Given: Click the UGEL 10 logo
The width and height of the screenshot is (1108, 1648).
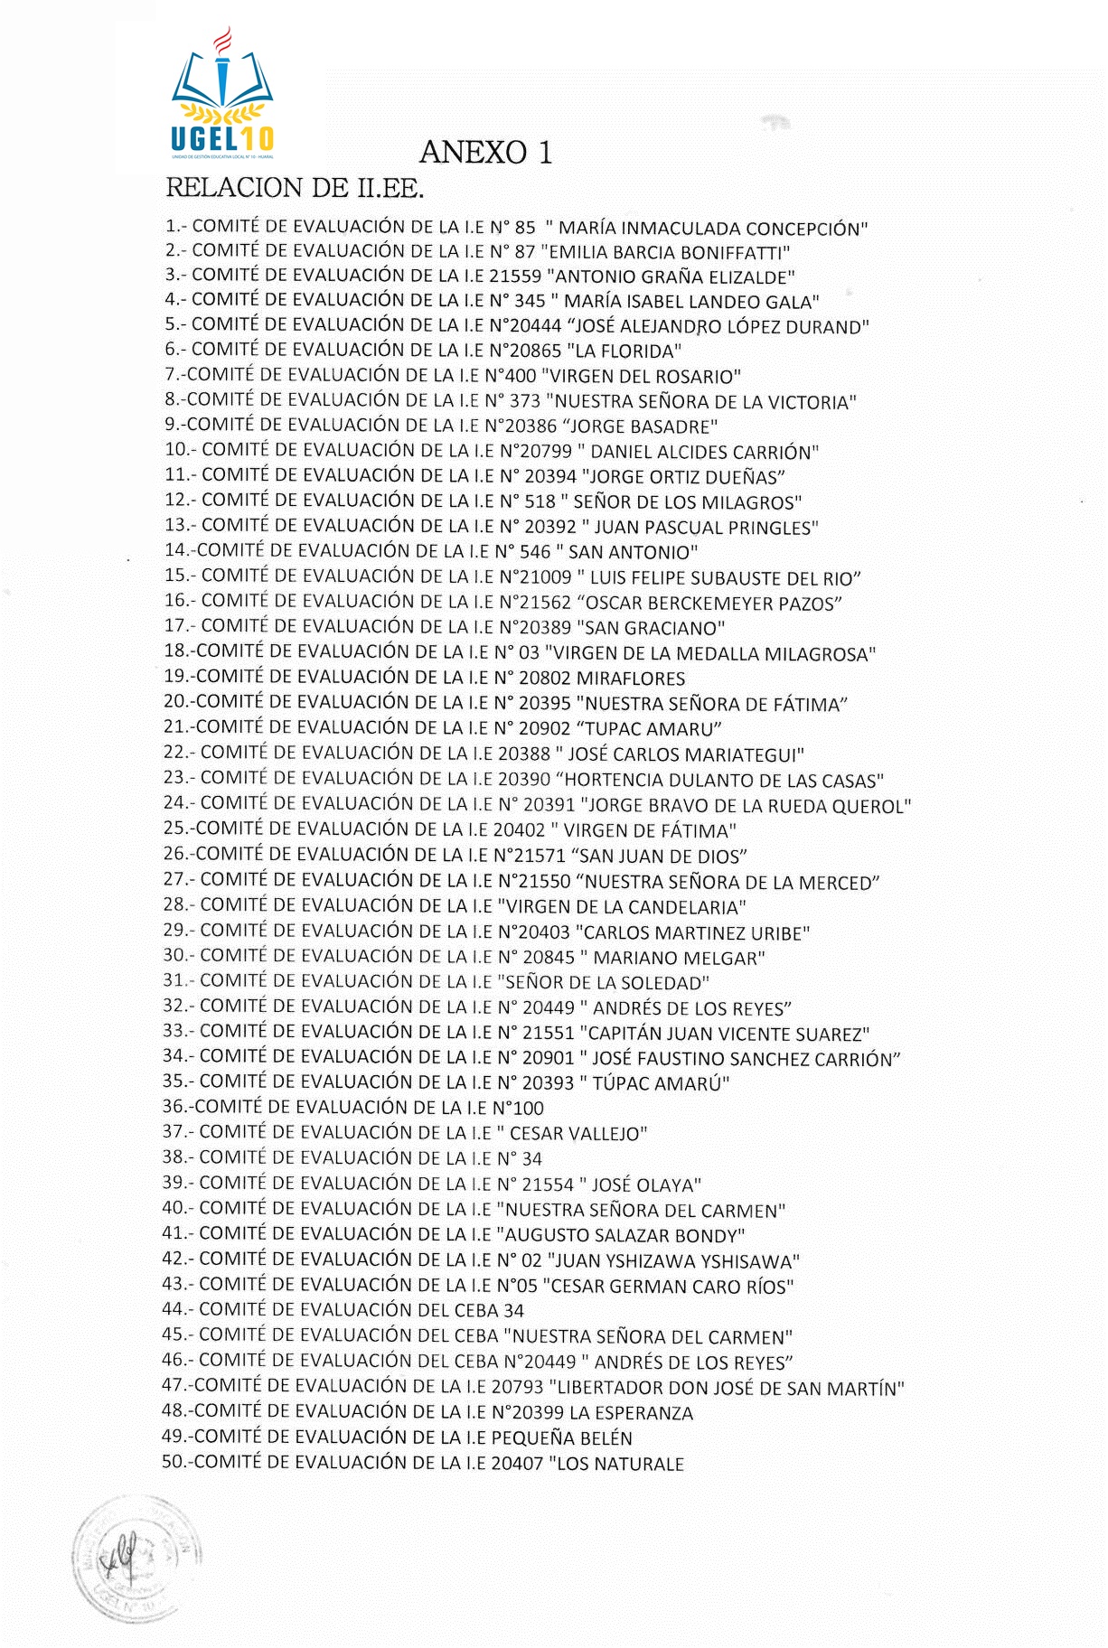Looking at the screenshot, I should point(221,95).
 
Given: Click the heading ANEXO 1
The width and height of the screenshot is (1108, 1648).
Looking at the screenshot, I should point(485,152).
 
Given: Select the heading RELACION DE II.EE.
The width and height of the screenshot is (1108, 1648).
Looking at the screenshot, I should point(295,189).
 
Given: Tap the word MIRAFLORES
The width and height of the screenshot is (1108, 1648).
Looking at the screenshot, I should point(631,679).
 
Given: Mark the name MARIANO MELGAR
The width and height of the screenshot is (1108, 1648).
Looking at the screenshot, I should point(678,958).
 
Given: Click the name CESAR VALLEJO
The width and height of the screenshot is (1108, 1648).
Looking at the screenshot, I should point(578,1133).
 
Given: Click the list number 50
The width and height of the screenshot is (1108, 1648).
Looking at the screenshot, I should point(173,1462).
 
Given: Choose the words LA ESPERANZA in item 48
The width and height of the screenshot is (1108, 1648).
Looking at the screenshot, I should point(631,1413).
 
